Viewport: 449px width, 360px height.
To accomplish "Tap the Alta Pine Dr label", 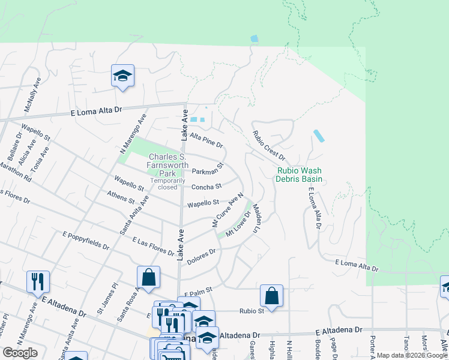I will point(206,141).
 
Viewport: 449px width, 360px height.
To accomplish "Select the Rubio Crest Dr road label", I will point(268,146).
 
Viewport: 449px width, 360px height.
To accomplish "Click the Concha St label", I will point(206,187).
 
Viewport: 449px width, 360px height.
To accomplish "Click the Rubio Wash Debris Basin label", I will point(300,175).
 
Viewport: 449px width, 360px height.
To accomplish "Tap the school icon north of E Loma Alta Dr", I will point(122,76).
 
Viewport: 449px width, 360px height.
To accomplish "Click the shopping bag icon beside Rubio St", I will point(271,296).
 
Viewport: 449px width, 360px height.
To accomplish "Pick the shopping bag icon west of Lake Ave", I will point(148,277).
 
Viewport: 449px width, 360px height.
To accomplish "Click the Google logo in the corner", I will point(20,353).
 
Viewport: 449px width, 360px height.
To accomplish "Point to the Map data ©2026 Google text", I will point(412,355).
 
